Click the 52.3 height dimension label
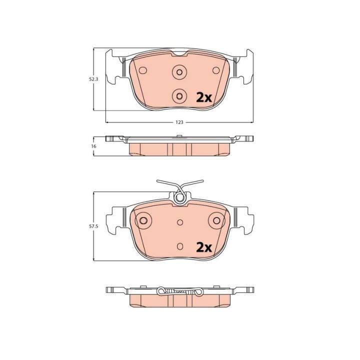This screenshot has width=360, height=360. (x=93, y=79)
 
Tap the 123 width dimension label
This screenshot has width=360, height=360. (x=179, y=122)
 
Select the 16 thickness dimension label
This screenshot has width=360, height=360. (x=93, y=146)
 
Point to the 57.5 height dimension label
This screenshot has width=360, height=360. (x=93, y=226)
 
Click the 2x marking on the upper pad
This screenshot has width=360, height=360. (x=203, y=98)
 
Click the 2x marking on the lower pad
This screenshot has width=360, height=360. (x=203, y=247)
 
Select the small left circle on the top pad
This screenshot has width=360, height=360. (x=143, y=70)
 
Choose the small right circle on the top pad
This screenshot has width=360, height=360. (x=216, y=70)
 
